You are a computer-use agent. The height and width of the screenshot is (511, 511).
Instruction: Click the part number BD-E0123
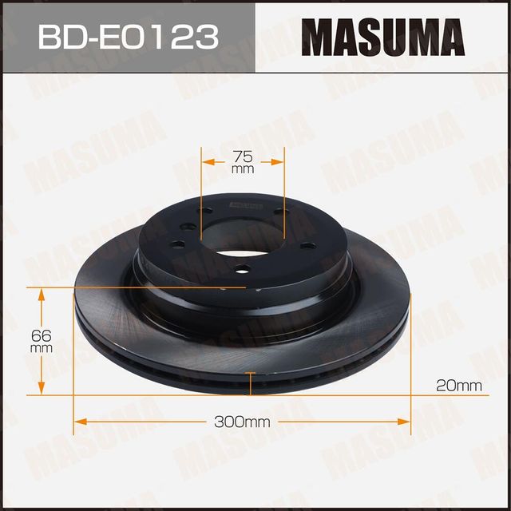coord(126,37)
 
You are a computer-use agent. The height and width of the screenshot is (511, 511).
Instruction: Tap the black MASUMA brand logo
coord(382,37)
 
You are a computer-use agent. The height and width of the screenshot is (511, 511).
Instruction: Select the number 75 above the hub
coord(243,156)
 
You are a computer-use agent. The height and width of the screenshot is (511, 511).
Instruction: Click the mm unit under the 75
coord(243,170)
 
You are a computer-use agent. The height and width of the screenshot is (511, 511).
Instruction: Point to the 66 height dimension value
coord(42,335)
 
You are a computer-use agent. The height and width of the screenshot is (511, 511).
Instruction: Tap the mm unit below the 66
coord(42,349)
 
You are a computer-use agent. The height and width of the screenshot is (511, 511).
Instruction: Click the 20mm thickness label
coord(459,386)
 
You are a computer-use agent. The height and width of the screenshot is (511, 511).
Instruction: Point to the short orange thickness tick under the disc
coord(251,386)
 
